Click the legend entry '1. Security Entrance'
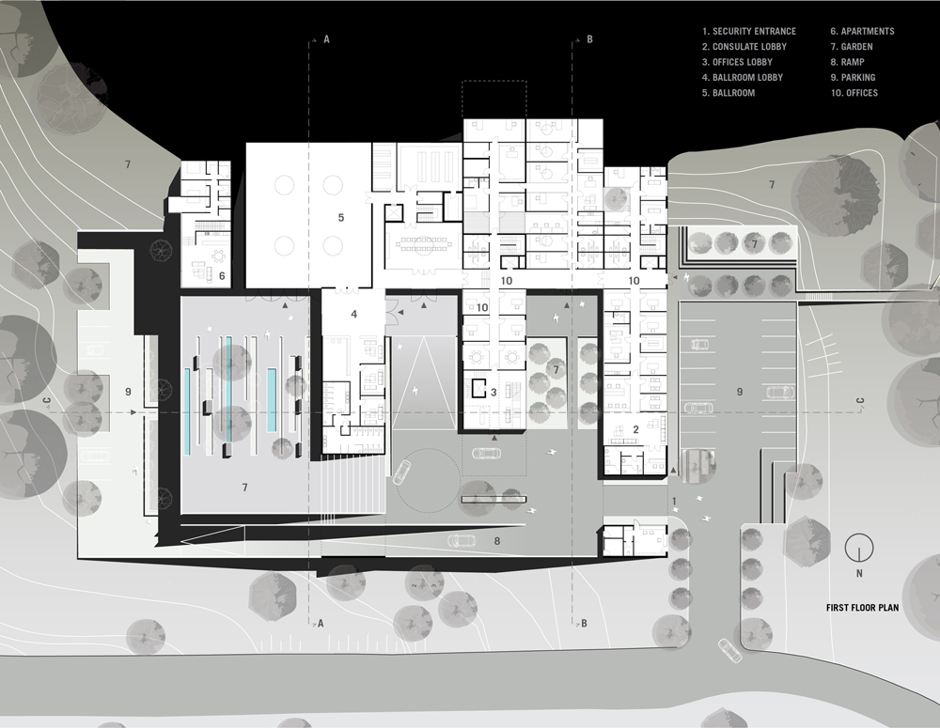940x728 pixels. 749,31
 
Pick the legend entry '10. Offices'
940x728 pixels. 854,93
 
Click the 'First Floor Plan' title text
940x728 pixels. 862,608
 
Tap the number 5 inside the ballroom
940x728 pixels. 341,218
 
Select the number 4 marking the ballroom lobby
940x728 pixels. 353,314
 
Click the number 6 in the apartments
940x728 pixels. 222,275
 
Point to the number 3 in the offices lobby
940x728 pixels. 493,392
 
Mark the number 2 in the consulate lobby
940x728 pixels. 635,430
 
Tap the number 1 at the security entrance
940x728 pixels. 674,503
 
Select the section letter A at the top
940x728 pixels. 326,39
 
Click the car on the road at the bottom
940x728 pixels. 728,649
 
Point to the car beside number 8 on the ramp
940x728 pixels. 462,540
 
